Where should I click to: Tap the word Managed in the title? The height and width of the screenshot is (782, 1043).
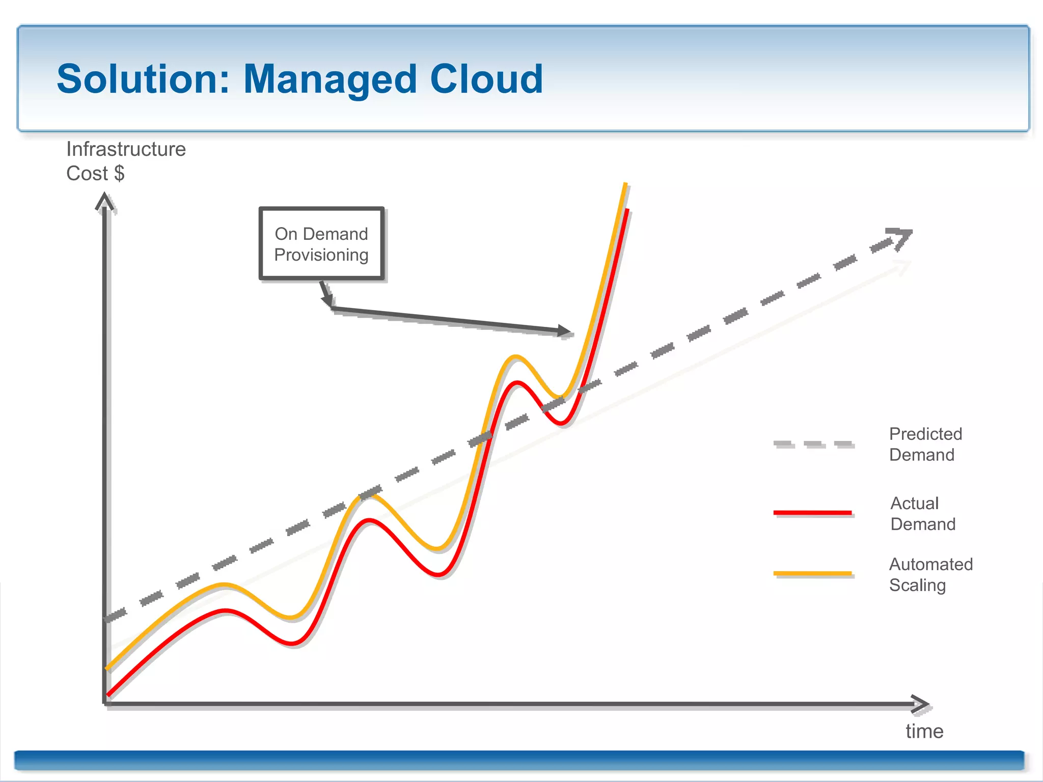(x=330, y=80)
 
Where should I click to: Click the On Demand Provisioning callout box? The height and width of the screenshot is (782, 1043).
(x=321, y=243)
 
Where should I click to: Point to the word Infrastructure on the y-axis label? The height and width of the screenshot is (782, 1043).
(x=126, y=149)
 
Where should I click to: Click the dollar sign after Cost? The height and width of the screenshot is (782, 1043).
(x=119, y=174)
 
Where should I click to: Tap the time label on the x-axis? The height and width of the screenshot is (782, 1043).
(x=924, y=731)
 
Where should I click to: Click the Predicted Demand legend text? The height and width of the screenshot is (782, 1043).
(x=925, y=444)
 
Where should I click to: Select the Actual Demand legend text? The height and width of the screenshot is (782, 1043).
(x=922, y=513)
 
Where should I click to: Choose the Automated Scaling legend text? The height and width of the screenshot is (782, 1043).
(x=930, y=574)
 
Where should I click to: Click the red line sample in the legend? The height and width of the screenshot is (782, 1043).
(x=812, y=512)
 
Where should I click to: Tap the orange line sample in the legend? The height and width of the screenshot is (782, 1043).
(x=812, y=573)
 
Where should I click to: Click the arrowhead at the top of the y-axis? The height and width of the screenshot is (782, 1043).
(x=104, y=201)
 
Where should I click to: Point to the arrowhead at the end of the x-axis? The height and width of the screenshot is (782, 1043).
(x=921, y=704)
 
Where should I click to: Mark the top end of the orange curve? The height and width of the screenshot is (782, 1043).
(x=625, y=184)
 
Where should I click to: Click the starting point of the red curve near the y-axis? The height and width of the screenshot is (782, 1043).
(x=108, y=694)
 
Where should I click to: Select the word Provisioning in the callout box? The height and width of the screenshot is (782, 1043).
(x=321, y=255)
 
